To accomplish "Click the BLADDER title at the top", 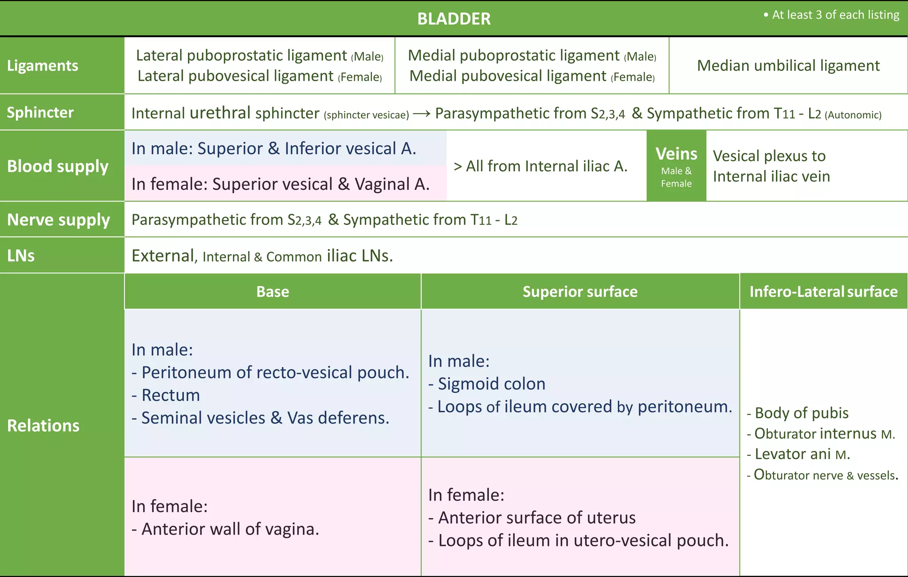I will click(454, 19).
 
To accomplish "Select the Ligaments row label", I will click(43, 66).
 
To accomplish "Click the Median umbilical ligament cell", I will click(788, 66).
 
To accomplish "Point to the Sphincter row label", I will click(40, 113).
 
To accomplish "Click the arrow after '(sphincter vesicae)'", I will click(421, 114).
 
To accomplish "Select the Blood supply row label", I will click(58, 166).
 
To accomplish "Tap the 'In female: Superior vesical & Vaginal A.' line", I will click(280, 184).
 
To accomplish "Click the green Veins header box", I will click(676, 166).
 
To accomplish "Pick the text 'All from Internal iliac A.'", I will click(546, 166).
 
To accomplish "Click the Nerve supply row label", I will click(59, 220).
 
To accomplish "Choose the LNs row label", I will click(21, 256).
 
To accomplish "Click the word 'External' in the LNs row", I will click(163, 256).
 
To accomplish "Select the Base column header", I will click(272, 292).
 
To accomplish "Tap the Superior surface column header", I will click(580, 292).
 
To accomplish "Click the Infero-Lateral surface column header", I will click(823, 292).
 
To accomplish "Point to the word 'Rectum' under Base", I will click(171, 395).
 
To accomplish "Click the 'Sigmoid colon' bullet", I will click(491, 384).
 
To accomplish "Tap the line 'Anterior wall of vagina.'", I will click(230, 529).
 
